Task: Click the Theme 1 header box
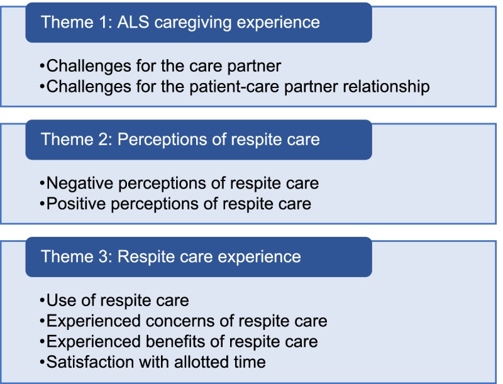(198, 23)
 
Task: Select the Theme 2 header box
(198, 139)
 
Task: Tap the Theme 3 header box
(198, 256)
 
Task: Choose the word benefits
(175, 341)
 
